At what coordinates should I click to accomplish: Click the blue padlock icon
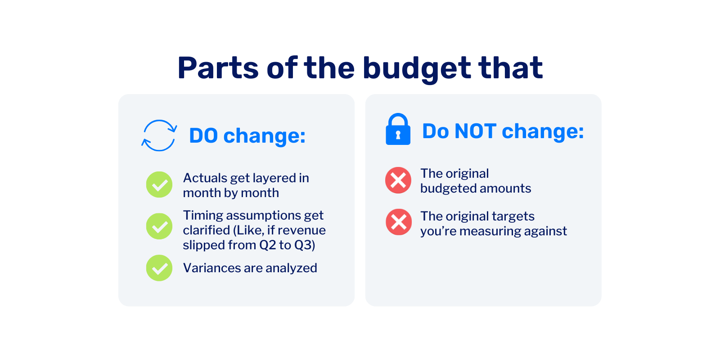pyautogui.click(x=398, y=129)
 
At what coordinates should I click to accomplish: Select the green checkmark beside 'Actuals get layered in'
pyautogui.click(x=159, y=184)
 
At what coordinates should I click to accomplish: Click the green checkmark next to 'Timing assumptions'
pyautogui.click(x=159, y=226)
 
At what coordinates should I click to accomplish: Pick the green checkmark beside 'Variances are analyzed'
pyautogui.click(x=159, y=268)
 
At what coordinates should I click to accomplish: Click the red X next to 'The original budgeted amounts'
pyautogui.click(x=398, y=180)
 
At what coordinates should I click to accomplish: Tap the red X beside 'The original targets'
pyautogui.click(x=399, y=222)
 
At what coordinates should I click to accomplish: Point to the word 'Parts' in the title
pyautogui.click(x=218, y=68)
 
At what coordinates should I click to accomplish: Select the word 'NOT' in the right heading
pyautogui.click(x=475, y=131)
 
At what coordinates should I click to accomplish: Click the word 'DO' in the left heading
pyautogui.click(x=203, y=135)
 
